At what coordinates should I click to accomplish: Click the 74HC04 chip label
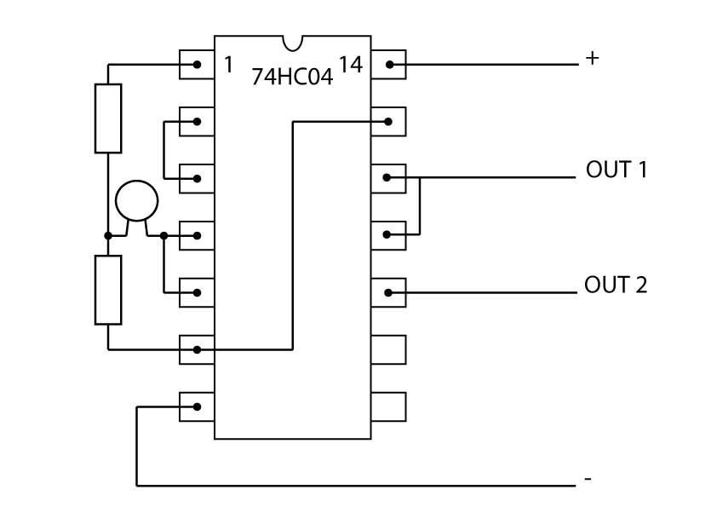tap(292, 77)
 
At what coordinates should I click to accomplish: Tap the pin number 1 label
tap(228, 65)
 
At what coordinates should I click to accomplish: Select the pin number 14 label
tap(351, 65)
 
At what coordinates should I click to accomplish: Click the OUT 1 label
tap(617, 170)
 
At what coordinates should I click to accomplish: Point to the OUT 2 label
tap(616, 285)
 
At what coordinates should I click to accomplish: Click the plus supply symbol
tap(592, 58)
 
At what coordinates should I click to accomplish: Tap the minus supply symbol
tap(588, 479)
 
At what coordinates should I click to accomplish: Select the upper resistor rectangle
tap(108, 118)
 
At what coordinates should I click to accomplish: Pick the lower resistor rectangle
tap(108, 290)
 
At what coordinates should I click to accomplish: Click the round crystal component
tap(137, 201)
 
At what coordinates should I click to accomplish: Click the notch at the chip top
tap(293, 43)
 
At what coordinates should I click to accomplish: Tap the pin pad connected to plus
tap(388, 65)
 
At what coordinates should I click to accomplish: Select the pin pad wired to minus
tap(197, 406)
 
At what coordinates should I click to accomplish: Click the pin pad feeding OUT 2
tap(388, 292)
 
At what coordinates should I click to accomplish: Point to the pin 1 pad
tap(197, 65)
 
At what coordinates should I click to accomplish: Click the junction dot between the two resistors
tap(108, 236)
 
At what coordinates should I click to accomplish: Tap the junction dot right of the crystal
tap(163, 236)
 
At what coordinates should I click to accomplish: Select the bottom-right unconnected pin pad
tap(388, 406)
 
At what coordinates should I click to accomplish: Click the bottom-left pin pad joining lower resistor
tap(197, 349)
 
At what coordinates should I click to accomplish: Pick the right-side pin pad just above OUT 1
tap(388, 122)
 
